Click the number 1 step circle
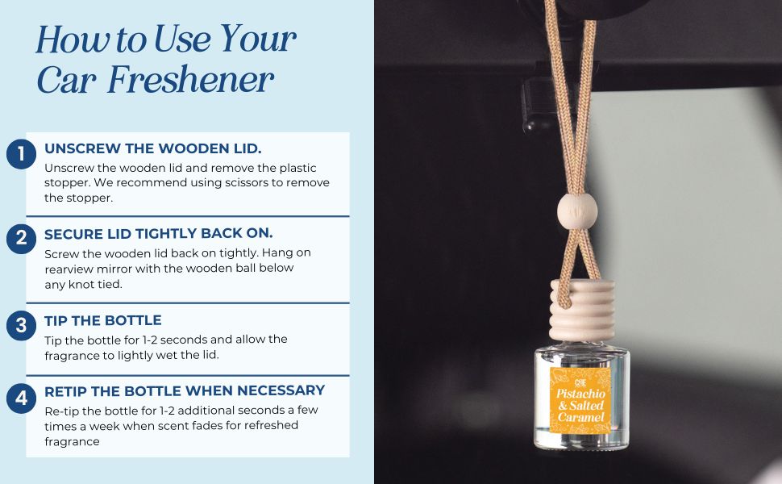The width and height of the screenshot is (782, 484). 21,154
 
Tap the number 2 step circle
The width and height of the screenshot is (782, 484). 21,239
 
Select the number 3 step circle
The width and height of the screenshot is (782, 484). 21,326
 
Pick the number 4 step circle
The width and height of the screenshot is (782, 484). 21,398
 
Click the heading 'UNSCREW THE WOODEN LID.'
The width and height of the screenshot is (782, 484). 152,148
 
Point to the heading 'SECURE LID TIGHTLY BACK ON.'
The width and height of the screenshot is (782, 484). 159,233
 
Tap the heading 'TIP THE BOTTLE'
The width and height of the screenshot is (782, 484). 102,320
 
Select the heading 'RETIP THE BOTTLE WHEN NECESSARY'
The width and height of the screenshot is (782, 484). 185,390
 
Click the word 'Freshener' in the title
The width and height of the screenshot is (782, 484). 190,79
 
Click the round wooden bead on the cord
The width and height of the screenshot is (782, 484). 577,211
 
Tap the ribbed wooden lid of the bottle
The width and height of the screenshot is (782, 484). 582,311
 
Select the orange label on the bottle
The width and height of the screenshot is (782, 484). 580,399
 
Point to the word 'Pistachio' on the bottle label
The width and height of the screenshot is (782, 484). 581,394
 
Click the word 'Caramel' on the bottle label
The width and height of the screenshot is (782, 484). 581,417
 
